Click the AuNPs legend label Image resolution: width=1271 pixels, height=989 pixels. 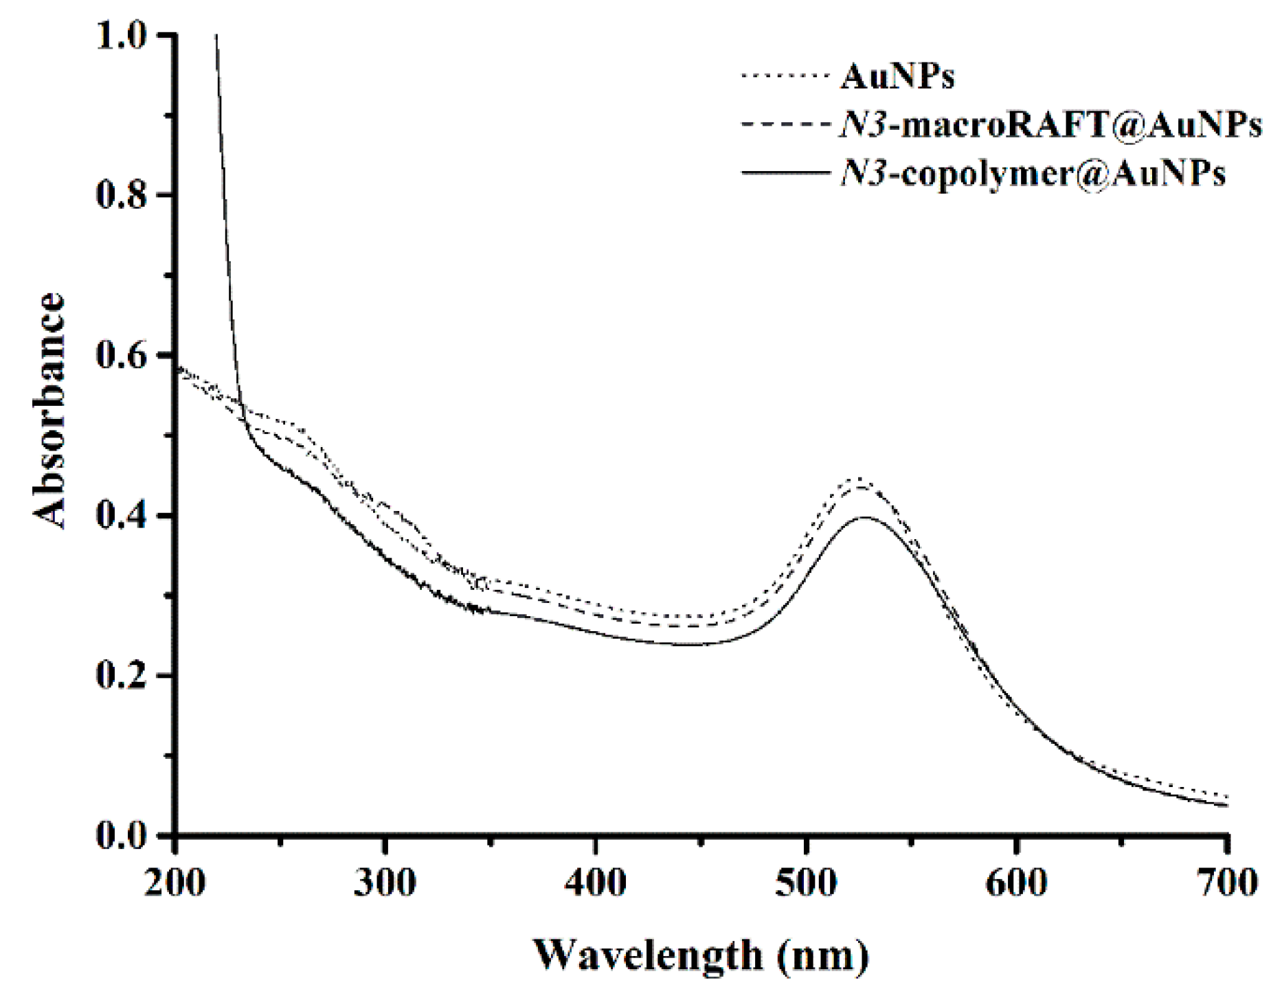pyautogui.click(x=897, y=77)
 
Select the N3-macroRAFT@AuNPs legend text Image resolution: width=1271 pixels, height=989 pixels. pyautogui.click(x=1050, y=125)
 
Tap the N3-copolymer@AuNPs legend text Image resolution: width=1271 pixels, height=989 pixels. pyautogui.click(x=1033, y=174)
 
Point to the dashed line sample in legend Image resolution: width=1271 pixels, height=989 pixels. pyautogui.click(x=785, y=124)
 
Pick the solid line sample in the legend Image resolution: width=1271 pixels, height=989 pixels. pyautogui.click(x=785, y=173)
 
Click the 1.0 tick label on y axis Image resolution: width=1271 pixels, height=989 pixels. pyautogui.click(x=123, y=36)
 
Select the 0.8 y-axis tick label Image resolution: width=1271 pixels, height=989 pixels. pyautogui.click(x=123, y=196)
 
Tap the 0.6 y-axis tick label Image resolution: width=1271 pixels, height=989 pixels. pyautogui.click(x=123, y=356)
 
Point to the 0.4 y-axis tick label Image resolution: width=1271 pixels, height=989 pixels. pyautogui.click(x=123, y=516)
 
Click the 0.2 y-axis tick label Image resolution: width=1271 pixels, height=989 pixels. pyautogui.click(x=123, y=676)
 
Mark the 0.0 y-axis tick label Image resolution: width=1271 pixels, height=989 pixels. pyautogui.click(x=123, y=836)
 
